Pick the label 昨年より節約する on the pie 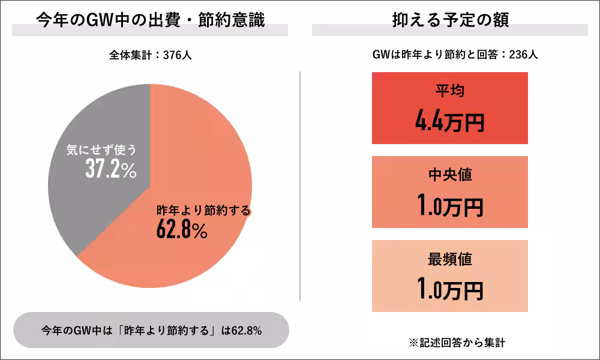(203, 211)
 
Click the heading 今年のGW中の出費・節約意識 (150, 20)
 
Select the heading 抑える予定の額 (449, 20)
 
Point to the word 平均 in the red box (449, 91)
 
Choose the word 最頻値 (449, 259)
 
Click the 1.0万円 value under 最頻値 (449, 290)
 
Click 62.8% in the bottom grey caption (245, 331)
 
